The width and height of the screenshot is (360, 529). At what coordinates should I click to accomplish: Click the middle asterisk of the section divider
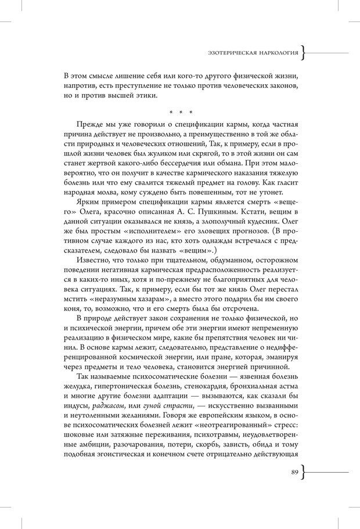click(x=181, y=112)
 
